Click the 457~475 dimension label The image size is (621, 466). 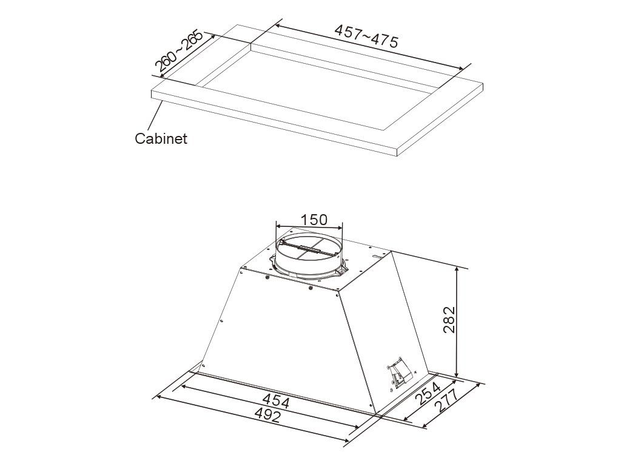tap(366, 36)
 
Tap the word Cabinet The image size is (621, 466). tap(161, 139)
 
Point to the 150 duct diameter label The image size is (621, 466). tap(314, 220)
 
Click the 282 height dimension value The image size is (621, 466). tap(449, 320)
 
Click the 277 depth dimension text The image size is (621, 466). tap(446, 400)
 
